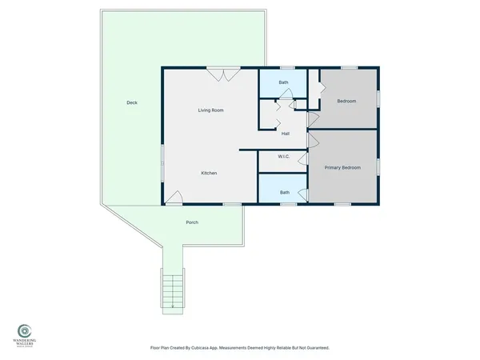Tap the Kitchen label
point(209,174)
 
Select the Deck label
point(132,102)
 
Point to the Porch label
point(191,222)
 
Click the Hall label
point(285,134)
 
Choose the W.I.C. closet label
point(283,157)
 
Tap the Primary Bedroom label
point(342,168)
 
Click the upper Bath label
point(283,83)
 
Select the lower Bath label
point(284,193)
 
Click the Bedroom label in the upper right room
point(346,102)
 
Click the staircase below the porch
point(172,289)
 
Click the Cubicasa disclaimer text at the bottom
point(240,348)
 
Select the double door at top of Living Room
point(220,74)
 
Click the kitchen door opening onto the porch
point(174,198)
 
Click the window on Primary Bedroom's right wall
point(379,166)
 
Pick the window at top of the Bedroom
point(349,68)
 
